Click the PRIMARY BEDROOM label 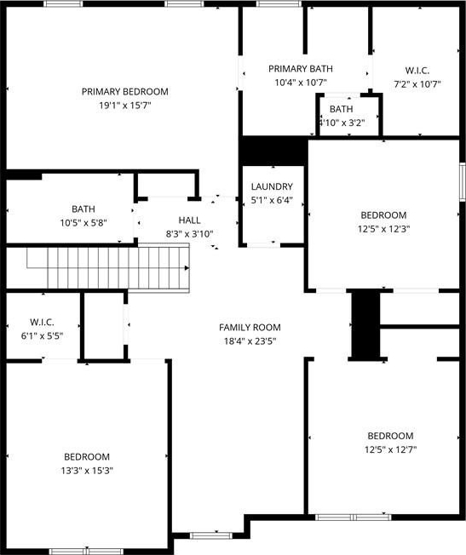point(125,92)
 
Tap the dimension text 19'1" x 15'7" point(125,106)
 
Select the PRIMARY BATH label point(301,69)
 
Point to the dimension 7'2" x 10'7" point(417,84)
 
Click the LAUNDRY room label point(272,186)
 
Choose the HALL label point(190,220)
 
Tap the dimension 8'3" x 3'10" point(190,234)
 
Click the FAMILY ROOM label point(250,328)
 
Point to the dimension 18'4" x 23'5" point(250,341)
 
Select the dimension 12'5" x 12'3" point(383,229)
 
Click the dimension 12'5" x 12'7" point(390,450)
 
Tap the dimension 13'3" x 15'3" point(87,471)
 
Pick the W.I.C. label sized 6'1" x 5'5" point(43,322)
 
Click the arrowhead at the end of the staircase point(187,268)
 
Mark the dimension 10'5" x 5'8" point(83,223)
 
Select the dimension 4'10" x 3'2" point(342,123)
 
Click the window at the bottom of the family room point(211,535)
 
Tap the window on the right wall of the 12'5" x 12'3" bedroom point(462,181)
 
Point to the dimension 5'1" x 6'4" point(272,200)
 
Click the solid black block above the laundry point(273,151)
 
